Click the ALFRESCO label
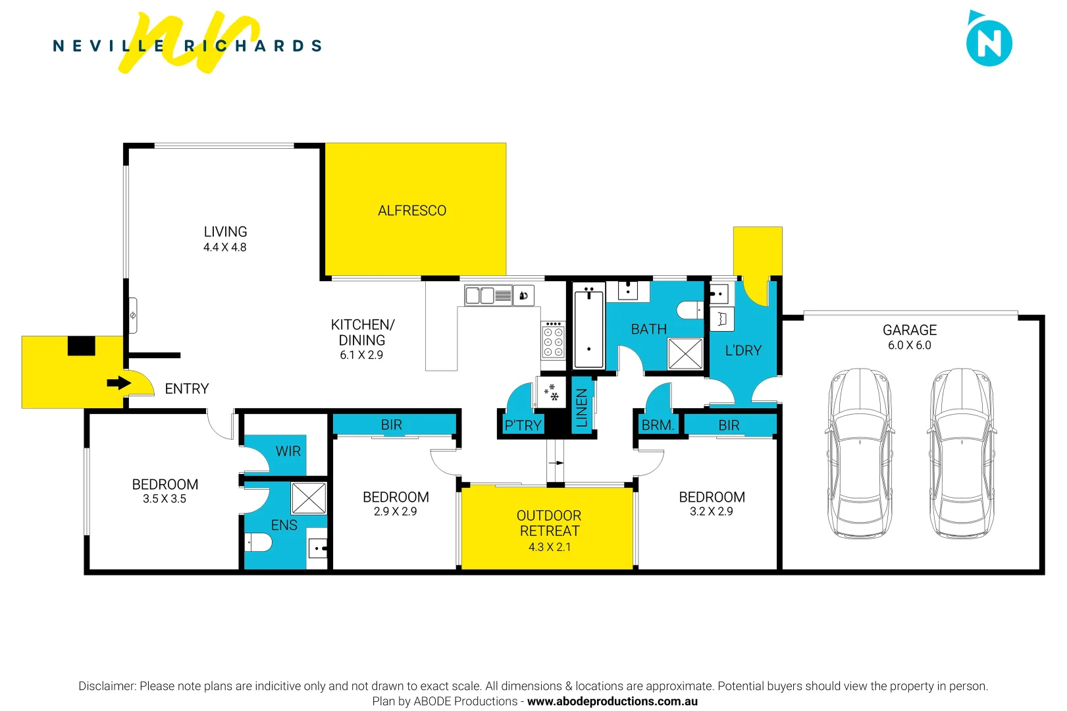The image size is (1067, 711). tap(412, 211)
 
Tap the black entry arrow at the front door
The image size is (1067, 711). tap(119, 383)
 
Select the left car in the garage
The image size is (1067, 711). tap(859, 453)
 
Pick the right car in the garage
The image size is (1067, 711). tap(962, 453)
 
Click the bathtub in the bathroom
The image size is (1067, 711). tap(588, 327)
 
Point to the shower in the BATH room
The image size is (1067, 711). tap(685, 354)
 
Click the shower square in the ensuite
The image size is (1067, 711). tap(309, 498)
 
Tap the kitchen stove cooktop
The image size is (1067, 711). tap(553, 341)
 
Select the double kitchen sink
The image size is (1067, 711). tap(480, 296)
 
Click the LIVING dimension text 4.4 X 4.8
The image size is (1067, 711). tap(225, 248)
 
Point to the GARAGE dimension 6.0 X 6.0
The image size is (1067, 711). tap(909, 345)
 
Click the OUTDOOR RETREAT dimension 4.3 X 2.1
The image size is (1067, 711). tap(549, 547)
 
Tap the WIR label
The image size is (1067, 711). tap(288, 451)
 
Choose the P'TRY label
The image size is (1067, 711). tap(523, 425)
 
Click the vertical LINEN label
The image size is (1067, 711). tap(582, 408)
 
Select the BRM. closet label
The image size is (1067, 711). tap(658, 425)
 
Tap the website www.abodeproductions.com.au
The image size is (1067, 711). tap(612, 701)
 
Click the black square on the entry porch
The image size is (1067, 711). tap(82, 346)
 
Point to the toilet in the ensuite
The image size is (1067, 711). tap(259, 542)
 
